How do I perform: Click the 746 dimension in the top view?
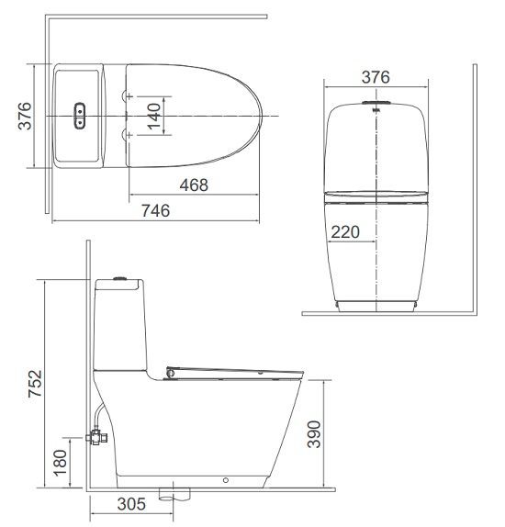tap(156, 210)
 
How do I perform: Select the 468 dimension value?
tap(193, 185)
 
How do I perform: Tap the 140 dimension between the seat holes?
tap(154, 115)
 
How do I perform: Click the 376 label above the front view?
tap(375, 76)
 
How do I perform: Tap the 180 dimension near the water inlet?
tap(60, 465)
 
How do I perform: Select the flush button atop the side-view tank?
tap(118, 275)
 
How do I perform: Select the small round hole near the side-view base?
tap(226, 479)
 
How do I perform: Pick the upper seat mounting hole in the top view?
tap(126, 95)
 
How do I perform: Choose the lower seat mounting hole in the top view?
tap(126, 135)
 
